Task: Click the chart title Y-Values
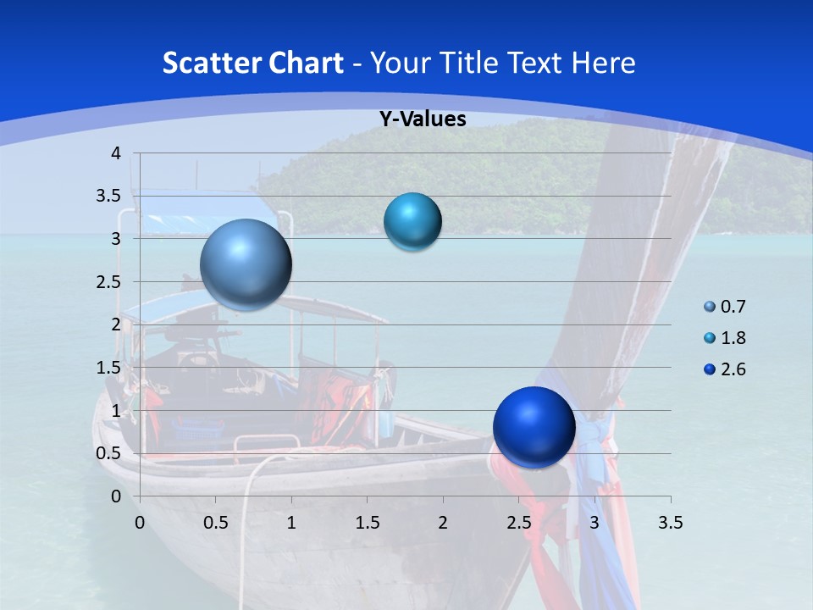pyautogui.click(x=422, y=119)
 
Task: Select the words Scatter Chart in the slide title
pyautogui.click(x=252, y=63)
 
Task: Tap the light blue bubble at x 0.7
pyautogui.click(x=246, y=264)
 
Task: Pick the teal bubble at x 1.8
pyautogui.click(x=412, y=222)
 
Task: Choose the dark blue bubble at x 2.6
pyautogui.click(x=534, y=427)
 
